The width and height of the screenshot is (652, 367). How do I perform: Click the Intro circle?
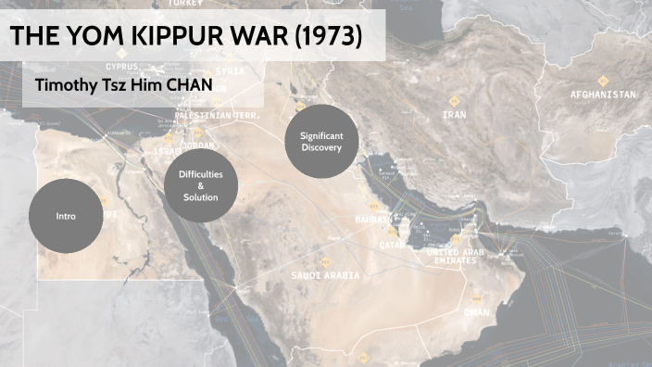[x=65, y=216]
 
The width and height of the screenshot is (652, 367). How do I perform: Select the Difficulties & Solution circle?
[x=201, y=184]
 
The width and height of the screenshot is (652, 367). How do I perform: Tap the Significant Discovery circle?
[x=321, y=142]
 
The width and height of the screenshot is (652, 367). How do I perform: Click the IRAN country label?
[x=454, y=115]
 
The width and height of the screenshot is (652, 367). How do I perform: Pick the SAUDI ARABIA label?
[x=325, y=276]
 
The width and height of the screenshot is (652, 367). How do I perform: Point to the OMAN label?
[x=476, y=312]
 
